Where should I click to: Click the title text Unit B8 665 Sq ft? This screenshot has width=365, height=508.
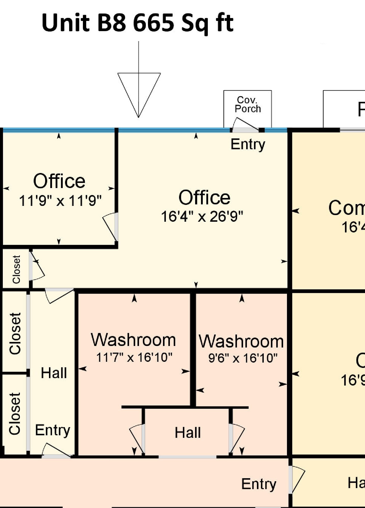[137, 23]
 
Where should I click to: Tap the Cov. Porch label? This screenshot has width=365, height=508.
[248, 104]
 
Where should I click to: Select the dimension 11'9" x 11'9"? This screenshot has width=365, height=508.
[60, 201]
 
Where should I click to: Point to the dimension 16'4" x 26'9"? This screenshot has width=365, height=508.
[202, 217]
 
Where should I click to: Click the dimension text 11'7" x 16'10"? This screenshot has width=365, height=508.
[134, 357]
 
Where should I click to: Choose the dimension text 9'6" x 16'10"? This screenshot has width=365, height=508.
[243, 358]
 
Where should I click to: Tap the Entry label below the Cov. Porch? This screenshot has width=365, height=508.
[248, 144]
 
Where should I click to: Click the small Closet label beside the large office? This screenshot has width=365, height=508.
[16, 269]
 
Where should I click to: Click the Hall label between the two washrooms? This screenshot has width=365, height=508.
[188, 433]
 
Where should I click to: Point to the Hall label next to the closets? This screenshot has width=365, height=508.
[54, 373]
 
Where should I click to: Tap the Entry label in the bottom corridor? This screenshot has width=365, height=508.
[259, 484]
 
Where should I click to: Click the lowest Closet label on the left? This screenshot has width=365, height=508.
[15, 413]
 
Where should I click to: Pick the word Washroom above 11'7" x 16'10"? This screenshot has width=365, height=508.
[133, 340]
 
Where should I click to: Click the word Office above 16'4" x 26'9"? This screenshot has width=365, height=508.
[204, 198]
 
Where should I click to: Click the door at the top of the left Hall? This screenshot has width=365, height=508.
[59, 296]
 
